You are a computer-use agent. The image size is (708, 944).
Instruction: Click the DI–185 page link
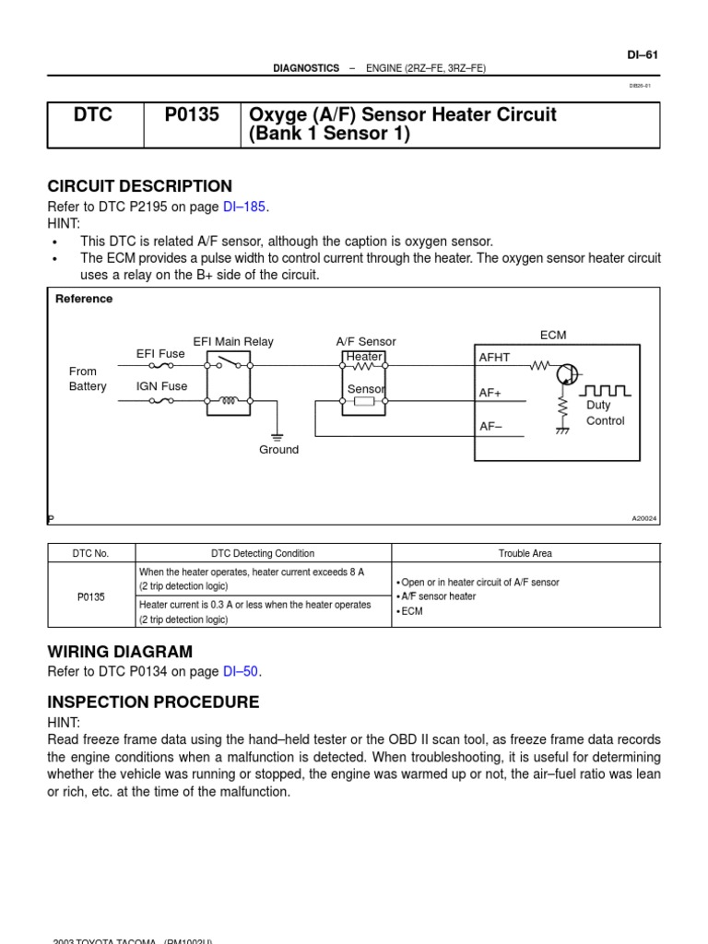coord(244,207)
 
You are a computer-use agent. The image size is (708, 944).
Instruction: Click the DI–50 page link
coord(240,672)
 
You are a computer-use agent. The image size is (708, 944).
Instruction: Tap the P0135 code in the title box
coord(192,115)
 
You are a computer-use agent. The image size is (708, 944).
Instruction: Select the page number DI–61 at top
coord(643,54)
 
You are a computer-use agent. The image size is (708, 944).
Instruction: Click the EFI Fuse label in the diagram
coord(160,354)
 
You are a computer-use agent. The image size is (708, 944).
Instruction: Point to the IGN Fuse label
coord(161,386)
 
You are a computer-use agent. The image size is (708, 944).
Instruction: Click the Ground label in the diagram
coord(278,450)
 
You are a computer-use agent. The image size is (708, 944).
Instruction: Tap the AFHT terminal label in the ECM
coord(494,358)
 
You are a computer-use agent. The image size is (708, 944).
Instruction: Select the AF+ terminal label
coord(490,393)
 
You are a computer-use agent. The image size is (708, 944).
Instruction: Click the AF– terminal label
coord(490,426)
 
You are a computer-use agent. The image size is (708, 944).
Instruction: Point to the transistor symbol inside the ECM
coord(569,374)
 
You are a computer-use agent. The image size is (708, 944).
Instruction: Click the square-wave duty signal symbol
coord(605,391)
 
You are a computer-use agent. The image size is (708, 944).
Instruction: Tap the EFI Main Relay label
coord(233,342)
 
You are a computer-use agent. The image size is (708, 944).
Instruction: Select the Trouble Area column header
coord(525,553)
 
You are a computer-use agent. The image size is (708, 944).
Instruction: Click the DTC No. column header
coord(90,553)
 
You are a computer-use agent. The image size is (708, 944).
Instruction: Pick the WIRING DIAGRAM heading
coord(120,652)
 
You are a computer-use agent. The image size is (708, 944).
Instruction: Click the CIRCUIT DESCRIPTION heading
coord(139,186)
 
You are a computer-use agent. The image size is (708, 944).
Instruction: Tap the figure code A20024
coord(644,519)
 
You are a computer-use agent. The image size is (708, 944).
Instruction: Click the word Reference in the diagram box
coord(84,299)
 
